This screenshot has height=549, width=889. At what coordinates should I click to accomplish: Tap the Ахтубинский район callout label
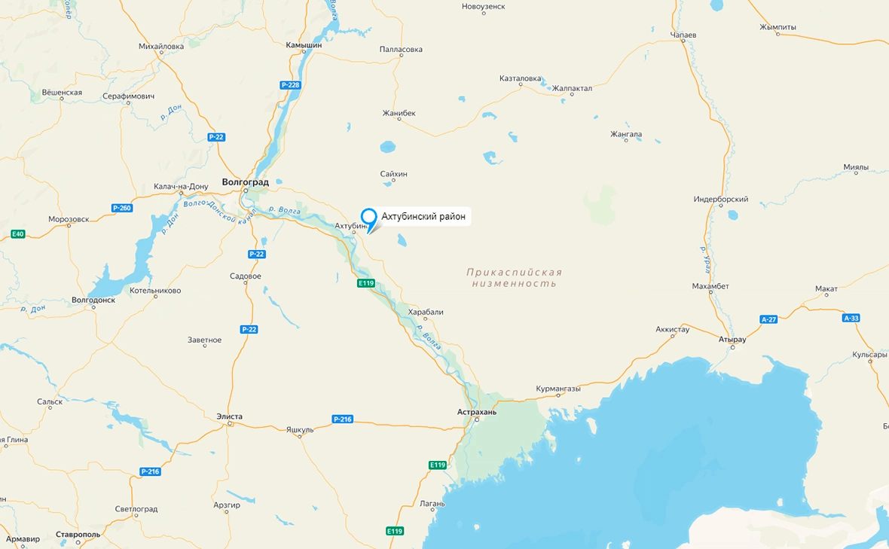pyautogui.click(x=423, y=217)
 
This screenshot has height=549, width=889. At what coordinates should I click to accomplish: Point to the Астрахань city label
pyautogui.click(x=477, y=412)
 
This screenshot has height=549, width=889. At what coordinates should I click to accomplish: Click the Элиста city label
pyautogui.click(x=229, y=416)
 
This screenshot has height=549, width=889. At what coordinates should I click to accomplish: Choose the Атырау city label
pyautogui.click(x=732, y=340)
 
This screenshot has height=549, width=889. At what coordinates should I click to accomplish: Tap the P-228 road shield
pyautogui.click(x=290, y=85)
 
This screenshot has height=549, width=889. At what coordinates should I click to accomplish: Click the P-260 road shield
pyautogui.click(x=121, y=208)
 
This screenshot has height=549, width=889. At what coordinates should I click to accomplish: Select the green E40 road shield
pyautogui.click(x=18, y=234)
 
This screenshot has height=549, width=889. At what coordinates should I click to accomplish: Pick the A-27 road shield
pyautogui.click(x=768, y=319)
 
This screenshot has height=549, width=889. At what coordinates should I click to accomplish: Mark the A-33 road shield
pyautogui.click(x=851, y=318)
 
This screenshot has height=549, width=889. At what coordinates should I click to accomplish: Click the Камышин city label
pyautogui.click(x=304, y=45)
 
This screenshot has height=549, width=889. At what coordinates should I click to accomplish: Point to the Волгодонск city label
pyautogui.click(x=93, y=300)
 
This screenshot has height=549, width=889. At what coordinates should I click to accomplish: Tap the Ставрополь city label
pyautogui.click(x=78, y=535)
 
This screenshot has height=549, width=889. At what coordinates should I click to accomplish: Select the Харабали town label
pyautogui.click(x=426, y=312)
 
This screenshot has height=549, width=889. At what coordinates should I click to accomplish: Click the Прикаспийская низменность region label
pyautogui.click(x=514, y=278)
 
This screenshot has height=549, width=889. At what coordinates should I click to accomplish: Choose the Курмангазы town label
pyautogui.click(x=558, y=389)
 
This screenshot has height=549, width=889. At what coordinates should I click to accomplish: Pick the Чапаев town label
pyautogui.click(x=683, y=35)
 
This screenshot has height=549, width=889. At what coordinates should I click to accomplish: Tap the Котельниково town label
pyautogui.click(x=155, y=290)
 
